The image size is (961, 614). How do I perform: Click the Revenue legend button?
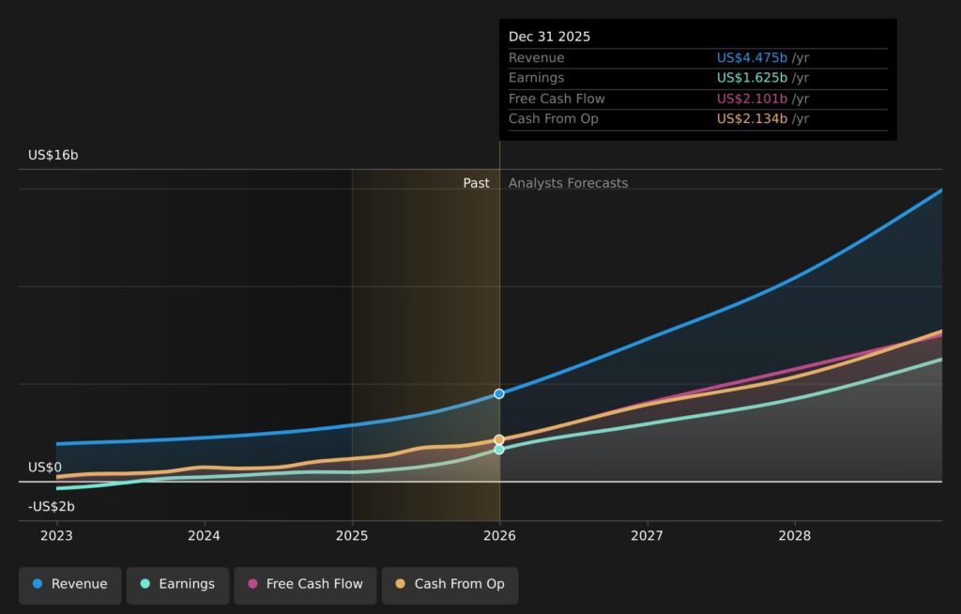click(69, 585)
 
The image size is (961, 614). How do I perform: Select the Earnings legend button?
click(177, 585)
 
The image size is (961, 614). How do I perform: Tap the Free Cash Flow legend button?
click(305, 585)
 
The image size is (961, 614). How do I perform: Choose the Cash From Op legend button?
click(450, 585)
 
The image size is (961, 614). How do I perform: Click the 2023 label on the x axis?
click(56, 536)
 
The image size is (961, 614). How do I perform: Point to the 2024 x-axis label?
click(204, 536)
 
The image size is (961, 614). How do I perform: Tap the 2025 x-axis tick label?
click(352, 536)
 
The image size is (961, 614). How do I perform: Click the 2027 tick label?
click(647, 536)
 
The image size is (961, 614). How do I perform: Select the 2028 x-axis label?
click(794, 536)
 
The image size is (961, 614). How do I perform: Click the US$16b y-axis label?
click(53, 155)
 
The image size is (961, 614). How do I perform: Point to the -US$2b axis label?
click(52, 507)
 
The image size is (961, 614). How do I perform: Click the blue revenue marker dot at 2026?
click(499, 393)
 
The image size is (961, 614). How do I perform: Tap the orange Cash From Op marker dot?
click(499, 439)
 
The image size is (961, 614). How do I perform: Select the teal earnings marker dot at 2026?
click(499, 450)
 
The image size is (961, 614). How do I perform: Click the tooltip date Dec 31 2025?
click(549, 37)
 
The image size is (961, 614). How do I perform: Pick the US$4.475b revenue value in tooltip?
click(752, 57)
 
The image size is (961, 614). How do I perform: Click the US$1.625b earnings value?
click(752, 78)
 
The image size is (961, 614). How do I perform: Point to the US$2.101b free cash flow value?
click(752, 99)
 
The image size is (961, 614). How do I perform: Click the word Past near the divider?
click(476, 183)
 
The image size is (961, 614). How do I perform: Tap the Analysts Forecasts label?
click(568, 183)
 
